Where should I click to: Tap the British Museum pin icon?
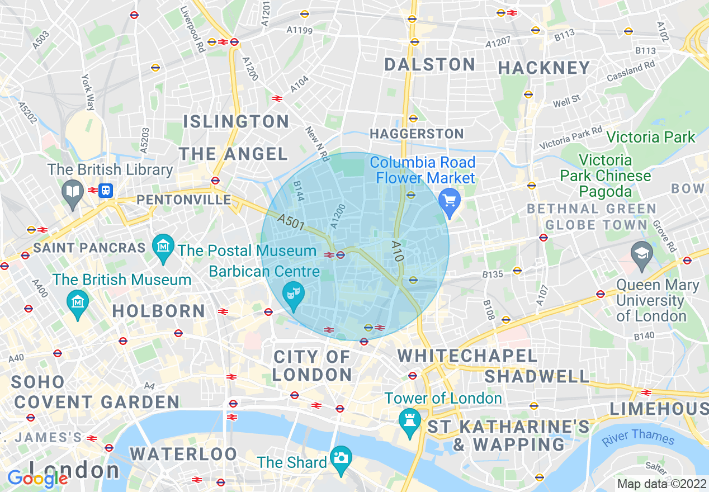coord(78,302)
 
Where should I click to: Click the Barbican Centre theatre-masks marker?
coord(291,292)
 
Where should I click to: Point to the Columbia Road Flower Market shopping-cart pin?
coord(448,199)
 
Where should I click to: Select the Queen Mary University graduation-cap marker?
coord(641,254)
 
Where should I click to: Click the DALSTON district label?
coord(429,64)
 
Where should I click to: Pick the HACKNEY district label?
coord(543,68)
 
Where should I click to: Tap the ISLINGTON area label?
coord(236,121)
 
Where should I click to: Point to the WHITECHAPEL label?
coord(467,356)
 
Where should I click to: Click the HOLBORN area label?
coord(159,311)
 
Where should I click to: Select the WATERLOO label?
coord(183,453)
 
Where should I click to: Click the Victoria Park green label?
coord(650,137)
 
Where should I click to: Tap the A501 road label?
coord(290,223)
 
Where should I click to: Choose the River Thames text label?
coord(637,437)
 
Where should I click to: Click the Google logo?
coord(37,479)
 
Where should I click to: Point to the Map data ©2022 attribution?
coord(661,484)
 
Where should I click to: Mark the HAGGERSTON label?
coord(417,134)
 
